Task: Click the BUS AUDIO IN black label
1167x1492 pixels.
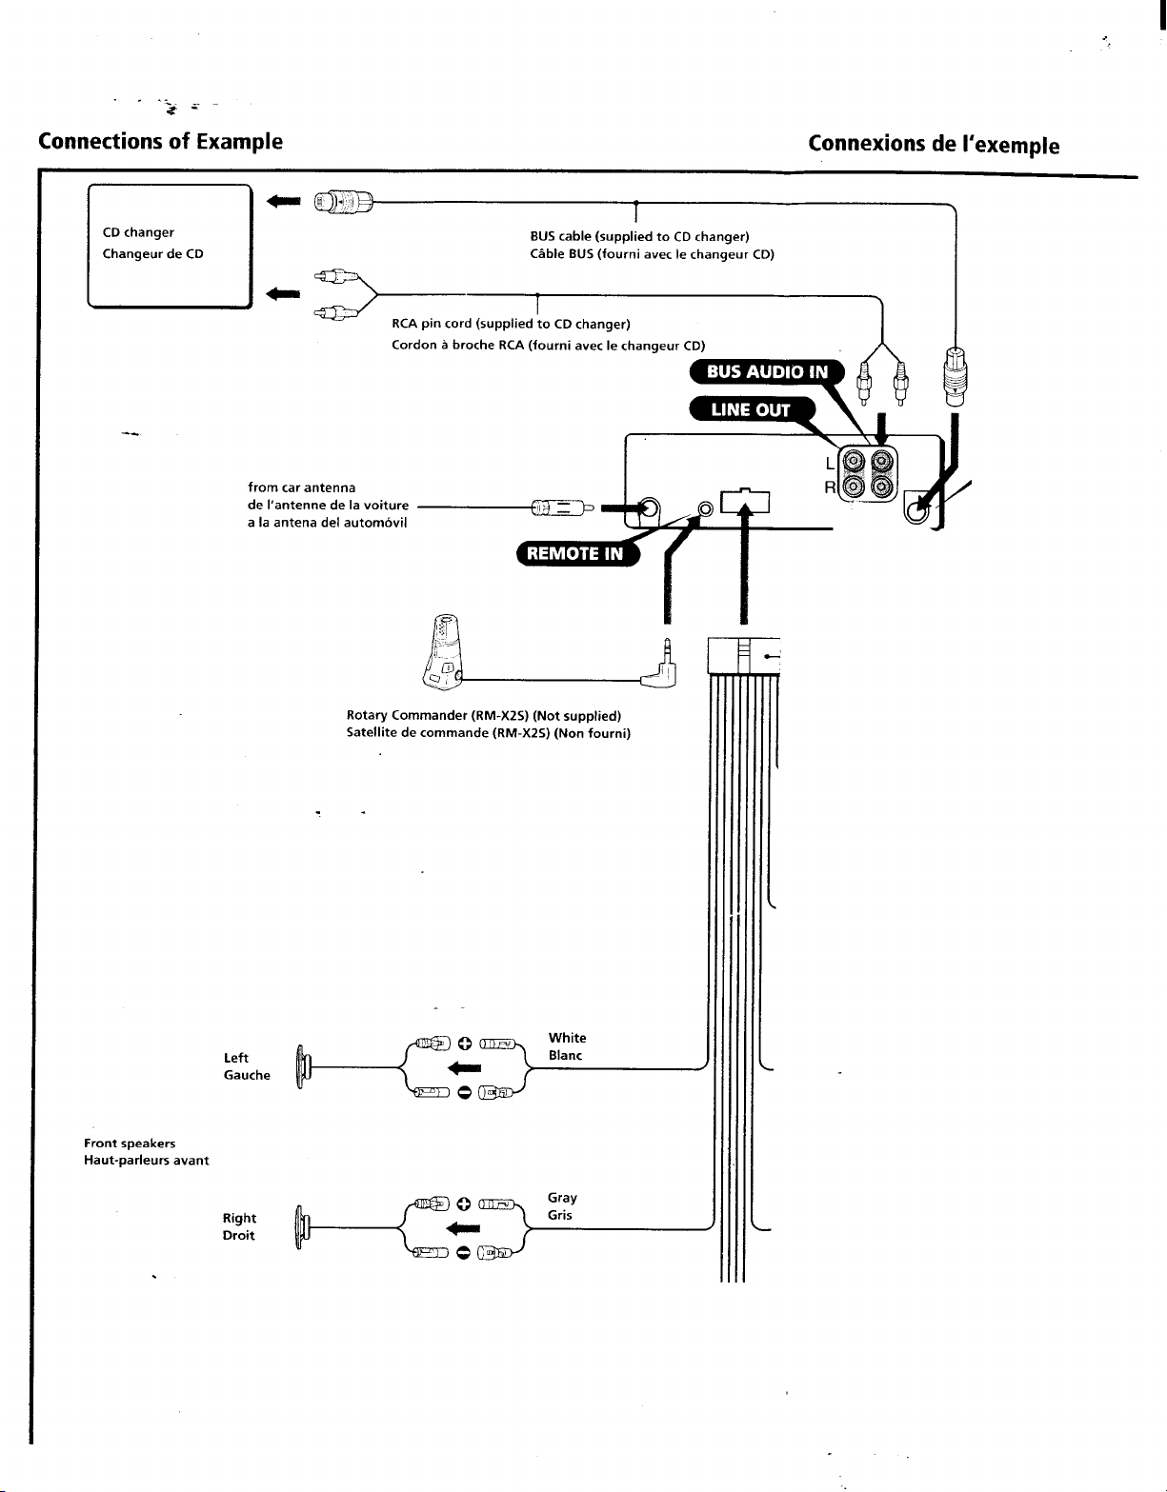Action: [767, 371]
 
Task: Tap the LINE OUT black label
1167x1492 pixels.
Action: [752, 409]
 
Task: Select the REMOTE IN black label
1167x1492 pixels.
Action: [577, 553]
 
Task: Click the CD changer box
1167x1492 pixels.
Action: [171, 246]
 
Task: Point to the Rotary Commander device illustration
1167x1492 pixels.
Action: [443, 651]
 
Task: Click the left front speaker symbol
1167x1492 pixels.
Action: [302, 1067]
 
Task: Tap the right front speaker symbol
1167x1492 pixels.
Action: [302, 1227]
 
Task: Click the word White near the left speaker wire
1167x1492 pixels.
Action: [568, 1038]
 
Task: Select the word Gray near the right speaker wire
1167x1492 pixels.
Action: [562, 1198]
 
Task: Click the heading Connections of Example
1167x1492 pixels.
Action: [161, 141]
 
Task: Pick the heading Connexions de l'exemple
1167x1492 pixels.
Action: [934, 144]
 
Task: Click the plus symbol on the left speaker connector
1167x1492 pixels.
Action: [465, 1044]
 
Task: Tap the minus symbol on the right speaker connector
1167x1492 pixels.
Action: [464, 1253]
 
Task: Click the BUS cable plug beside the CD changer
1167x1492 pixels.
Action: [344, 203]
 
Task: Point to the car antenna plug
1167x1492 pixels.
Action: [563, 508]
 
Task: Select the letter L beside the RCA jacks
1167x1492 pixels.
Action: [830, 464]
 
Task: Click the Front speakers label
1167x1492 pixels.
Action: [130, 1144]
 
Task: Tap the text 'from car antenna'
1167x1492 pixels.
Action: [302, 487]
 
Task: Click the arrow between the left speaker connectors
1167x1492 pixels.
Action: [464, 1068]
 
